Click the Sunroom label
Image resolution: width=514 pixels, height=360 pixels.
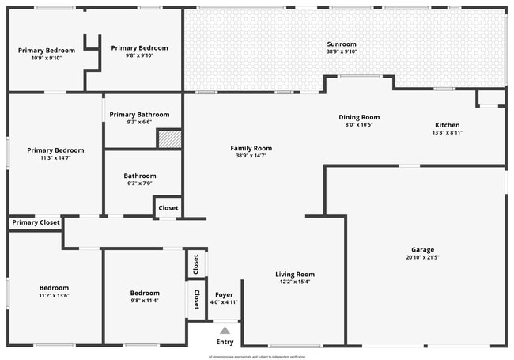coord(342,44)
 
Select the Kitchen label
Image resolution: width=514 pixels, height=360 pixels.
coord(447,125)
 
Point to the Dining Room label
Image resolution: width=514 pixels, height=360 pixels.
coord(359,117)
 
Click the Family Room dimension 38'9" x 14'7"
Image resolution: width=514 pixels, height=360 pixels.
coord(251,156)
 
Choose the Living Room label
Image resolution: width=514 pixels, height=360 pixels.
coord(295,274)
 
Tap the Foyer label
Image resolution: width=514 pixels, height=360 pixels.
coord(225,294)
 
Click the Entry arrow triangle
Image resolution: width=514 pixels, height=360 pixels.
coord(225,331)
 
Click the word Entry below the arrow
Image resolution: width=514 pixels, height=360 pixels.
coord(225,342)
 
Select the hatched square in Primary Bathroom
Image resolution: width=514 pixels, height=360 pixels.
coord(169,139)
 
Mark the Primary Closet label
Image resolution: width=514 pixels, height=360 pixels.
coord(36,223)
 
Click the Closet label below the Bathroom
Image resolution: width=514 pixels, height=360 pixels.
coord(168,208)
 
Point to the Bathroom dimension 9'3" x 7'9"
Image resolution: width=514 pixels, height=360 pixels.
coord(139,183)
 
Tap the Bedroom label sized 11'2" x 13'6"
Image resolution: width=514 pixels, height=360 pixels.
coord(55,288)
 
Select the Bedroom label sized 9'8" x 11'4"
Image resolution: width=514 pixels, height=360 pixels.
coord(145,293)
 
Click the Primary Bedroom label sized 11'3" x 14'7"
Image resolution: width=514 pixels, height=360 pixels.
coord(55,150)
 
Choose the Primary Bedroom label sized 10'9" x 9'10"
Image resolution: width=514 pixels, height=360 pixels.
coord(46,50)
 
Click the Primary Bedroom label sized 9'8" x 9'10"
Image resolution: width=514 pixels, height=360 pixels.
coord(139,47)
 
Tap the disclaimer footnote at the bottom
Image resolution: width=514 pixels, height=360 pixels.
coord(257,357)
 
